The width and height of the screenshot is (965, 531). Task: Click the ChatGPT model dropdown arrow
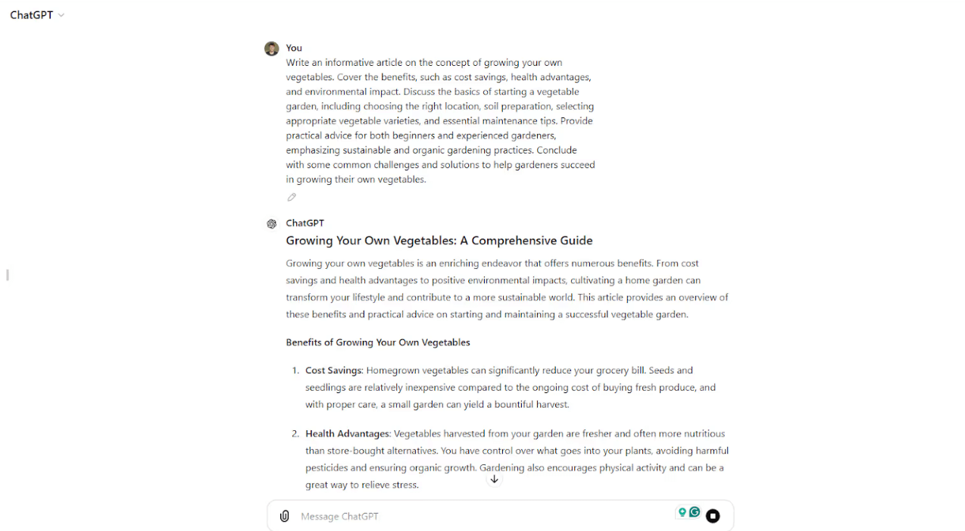[61, 15]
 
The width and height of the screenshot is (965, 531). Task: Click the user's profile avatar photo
[271, 48]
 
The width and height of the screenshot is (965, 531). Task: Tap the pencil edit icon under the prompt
[292, 197]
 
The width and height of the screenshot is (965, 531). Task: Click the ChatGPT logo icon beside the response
[271, 223]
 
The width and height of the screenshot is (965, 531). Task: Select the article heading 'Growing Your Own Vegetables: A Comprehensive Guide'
[439, 241]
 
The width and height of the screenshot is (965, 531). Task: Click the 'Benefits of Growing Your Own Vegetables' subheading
[377, 342]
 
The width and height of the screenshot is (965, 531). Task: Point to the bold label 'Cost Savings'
[334, 370]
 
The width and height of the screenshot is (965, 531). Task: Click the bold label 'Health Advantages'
[347, 434]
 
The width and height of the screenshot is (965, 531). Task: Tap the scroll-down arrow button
[494, 479]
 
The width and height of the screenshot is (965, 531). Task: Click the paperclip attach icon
[284, 516]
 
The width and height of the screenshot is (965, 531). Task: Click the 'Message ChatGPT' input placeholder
[339, 517]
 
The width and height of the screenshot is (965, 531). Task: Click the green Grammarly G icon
[695, 513]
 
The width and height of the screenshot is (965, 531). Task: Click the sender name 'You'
[294, 48]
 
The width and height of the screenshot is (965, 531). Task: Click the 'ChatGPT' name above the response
[304, 223]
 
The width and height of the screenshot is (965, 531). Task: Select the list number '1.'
[295, 370]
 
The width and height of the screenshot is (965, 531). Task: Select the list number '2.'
[295, 434]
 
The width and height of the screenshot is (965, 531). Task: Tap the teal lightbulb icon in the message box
[682, 513]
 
